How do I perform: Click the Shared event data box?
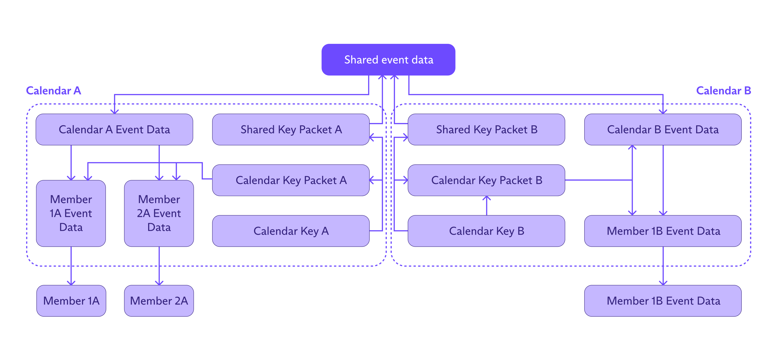[388, 60]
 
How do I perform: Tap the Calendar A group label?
[53, 91]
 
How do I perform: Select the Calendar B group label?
[723, 91]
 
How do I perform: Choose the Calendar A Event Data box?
[114, 129]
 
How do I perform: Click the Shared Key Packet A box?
[291, 129]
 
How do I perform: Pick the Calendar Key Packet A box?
[291, 180]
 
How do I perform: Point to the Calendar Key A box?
[291, 231]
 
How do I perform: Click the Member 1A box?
[71, 301]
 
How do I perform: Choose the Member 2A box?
[159, 301]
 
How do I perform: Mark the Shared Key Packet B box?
[486, 129]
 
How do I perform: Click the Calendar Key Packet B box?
[486, 180]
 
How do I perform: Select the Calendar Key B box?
[486, 231]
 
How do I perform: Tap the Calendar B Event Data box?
[663, 129]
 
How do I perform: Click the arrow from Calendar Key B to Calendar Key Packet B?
[487, 206]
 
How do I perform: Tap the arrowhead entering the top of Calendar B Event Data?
[663, 111]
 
